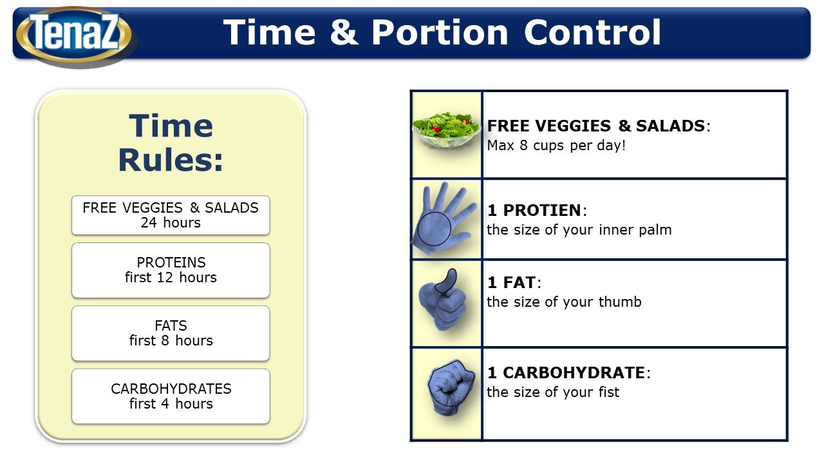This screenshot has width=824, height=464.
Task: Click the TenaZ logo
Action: pos(74,34)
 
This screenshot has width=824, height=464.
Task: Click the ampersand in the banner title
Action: pos(344,32)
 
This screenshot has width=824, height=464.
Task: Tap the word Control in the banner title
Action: pos(592,32)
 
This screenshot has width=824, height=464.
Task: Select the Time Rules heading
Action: pos(171,143)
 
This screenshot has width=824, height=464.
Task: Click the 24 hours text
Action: pos(171,223)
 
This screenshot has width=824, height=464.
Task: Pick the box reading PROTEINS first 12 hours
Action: pos(171,270)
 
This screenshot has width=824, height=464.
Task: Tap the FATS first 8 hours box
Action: pos(171,333)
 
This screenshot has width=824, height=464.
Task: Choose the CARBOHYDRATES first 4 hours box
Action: pos(171,396)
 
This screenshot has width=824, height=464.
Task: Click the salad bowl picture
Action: pos(446,131)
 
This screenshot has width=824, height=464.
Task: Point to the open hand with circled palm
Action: pos(444,218)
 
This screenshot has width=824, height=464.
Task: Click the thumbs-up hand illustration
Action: pos(443,300)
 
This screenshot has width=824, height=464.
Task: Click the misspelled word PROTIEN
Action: pos(542,210)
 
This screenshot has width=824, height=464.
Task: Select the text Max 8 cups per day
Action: pos(556,146)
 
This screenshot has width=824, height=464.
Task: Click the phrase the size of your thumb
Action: pos(564,302)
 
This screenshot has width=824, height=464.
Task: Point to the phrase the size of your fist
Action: pos(553,392)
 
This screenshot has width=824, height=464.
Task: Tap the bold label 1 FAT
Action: pos(511,282)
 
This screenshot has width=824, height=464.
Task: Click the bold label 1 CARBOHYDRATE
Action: pos(566,372)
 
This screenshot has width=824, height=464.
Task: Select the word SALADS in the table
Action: pos(670,126)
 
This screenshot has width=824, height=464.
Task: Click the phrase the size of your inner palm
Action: pos(579,230)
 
